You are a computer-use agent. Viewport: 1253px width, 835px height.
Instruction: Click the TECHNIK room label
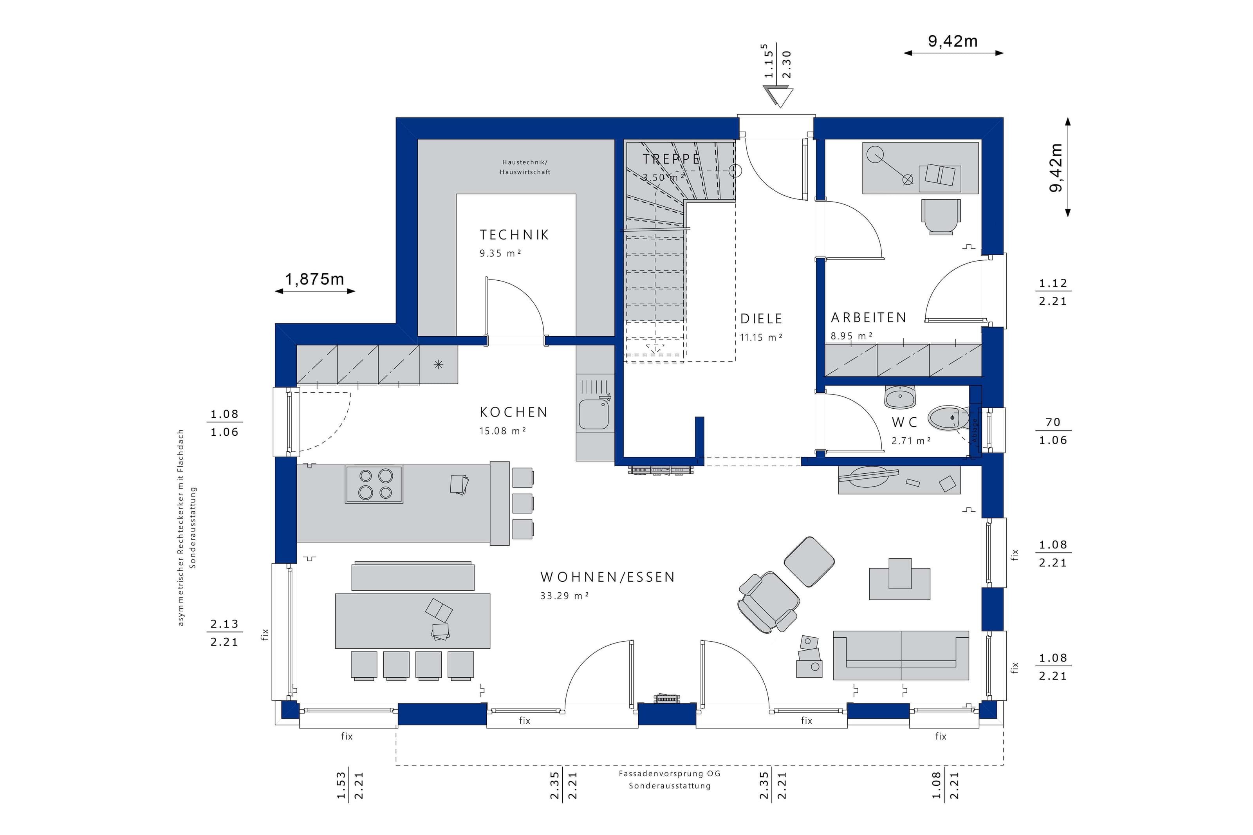click(x=514, y=235)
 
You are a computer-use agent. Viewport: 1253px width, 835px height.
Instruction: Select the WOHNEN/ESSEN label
click(x=608, y=577)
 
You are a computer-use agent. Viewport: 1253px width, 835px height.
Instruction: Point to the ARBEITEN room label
click(x=868, y=318)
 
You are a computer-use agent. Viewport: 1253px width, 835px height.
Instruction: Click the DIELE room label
click(x=762, y=319)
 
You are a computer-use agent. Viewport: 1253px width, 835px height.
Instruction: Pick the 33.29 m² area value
click(x=565, y=596)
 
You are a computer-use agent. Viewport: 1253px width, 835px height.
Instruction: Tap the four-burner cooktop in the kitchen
click(x=374, y=484)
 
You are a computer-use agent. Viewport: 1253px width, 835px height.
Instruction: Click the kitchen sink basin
click(x=593, y=414)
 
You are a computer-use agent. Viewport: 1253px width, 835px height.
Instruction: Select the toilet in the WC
click(x=948, y=418)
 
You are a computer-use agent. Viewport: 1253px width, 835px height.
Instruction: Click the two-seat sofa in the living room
click(x=901, y=656)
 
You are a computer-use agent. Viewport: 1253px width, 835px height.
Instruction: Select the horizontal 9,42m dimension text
click(x=953, y=41)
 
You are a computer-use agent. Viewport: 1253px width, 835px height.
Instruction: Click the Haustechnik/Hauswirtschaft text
click(x=525, y=167)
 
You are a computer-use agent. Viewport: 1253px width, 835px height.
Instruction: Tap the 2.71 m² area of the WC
click(x=911, y=441)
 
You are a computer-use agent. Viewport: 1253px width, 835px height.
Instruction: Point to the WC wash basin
click(x=900, y=396)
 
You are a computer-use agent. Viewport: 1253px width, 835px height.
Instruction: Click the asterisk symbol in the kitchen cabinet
click(x=438, y=364)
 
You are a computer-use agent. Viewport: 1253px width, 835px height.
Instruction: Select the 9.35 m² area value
click(x=500, y=254)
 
